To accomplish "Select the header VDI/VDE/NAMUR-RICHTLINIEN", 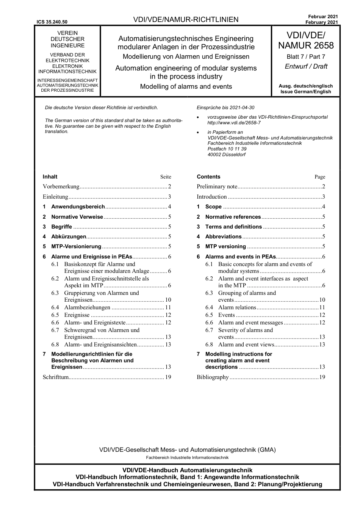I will (186, 20).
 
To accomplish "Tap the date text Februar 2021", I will (323, 17).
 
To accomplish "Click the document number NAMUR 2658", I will (306, 46).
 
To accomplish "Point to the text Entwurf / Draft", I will (306, 66).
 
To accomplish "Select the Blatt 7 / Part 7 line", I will (306, 57).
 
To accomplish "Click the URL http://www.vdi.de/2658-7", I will (234, 123).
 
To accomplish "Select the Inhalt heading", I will (50, 177).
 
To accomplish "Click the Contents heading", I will (208, 177).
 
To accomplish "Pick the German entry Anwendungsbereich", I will (78, 207).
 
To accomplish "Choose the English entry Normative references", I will (233, 217).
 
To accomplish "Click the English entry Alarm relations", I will (237, 307).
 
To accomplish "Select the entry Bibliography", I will (213, 377).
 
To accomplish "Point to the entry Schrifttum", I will (56, 377).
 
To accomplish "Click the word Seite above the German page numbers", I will (166, 177).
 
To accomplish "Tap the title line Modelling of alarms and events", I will (186, 86).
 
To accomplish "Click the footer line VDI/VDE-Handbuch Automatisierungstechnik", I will (187, 470).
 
